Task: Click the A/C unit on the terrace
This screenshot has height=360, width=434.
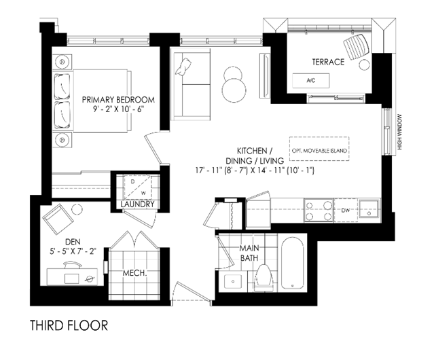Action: click(311, 81)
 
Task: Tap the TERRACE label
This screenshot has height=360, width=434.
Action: click(328, 62)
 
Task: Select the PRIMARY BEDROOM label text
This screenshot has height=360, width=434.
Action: click(118, 100)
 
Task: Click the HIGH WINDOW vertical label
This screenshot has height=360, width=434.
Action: click(399, 132)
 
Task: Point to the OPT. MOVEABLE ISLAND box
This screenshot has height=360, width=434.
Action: click(319, 149)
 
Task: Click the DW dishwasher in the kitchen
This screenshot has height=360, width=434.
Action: click(346, 211)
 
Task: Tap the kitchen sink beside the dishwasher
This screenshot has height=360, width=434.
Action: click(369, 209)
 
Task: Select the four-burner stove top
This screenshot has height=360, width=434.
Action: click(319, 211)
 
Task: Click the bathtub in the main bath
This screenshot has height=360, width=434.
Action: click(292, 263)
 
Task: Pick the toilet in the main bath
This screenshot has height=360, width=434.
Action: click(264, 277)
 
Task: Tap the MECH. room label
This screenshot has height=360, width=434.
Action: click(134, 273)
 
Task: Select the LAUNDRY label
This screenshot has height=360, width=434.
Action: click(137, 204)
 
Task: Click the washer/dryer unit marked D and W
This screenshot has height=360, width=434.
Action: click(138, 187)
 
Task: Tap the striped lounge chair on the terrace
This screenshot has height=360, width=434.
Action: click(357, 46)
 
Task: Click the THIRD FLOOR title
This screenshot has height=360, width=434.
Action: click(69, 325)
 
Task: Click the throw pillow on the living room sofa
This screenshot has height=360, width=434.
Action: click(183, 67)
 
